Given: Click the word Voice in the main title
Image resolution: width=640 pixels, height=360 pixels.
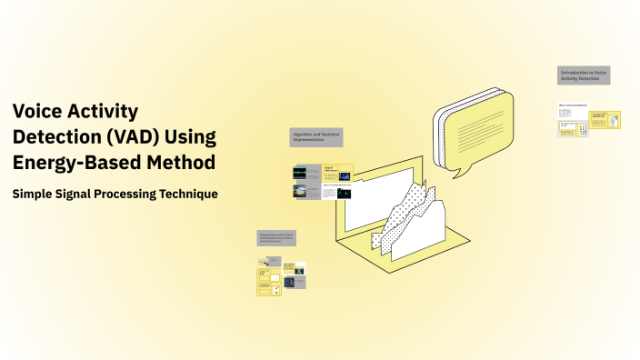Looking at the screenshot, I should point(37,111).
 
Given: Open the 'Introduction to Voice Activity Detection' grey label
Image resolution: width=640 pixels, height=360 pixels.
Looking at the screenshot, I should point(584,75).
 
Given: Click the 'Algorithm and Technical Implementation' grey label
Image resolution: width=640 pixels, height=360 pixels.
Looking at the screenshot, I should point(316,137).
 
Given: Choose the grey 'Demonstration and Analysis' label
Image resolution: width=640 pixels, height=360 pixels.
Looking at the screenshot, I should point(276,238).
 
